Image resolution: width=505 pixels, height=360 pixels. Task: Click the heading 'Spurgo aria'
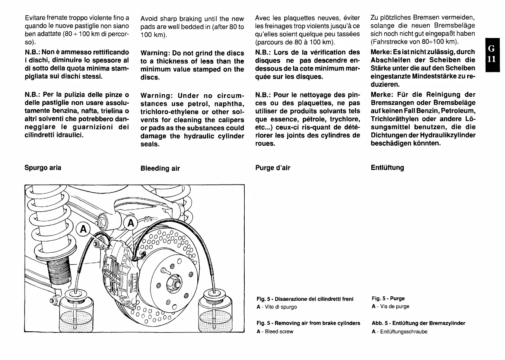click(x=43, y=168)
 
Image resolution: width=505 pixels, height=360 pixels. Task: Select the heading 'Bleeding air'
click(x=160, y=168)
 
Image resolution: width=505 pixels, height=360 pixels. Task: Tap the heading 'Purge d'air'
click(x=273, y=168)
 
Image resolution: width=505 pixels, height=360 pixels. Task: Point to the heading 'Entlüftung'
click(x=387, y=168)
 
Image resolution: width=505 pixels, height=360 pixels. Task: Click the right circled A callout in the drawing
click(x=131, y=223)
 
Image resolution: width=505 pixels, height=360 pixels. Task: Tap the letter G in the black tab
click(x=492, y=49)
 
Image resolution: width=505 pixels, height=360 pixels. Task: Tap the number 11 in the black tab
click(x=492, y=59)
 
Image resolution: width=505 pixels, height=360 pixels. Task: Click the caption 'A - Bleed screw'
click(x=275, y=332)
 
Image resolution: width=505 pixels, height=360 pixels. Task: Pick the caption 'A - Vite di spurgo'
click(x=277, y=307)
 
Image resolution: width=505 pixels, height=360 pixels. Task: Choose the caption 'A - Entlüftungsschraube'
click(x=399, y=332)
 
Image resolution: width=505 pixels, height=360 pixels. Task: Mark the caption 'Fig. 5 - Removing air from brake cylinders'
click(x=308, y=323)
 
